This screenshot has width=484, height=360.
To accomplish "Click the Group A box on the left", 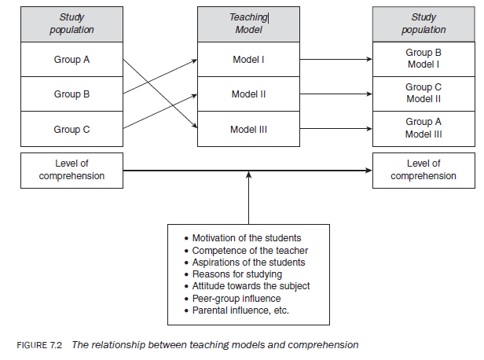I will [72, 60].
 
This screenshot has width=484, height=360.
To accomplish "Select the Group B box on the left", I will [72, 94].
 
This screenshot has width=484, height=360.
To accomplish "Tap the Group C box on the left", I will [72, 130].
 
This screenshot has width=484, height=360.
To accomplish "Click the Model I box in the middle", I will [249, 60].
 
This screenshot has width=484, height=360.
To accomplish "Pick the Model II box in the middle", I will [249, 94].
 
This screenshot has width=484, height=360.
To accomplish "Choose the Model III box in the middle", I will [249, 130].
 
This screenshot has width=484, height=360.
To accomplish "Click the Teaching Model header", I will [249, 24].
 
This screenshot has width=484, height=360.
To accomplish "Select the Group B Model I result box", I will [423, 60].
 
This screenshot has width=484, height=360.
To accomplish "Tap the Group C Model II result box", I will [423, 94].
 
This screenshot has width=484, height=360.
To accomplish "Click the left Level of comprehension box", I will [72, 171].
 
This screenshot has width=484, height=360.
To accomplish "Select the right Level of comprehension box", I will [423, 171].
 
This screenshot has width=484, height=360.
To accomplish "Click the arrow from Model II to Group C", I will [335, 94].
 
